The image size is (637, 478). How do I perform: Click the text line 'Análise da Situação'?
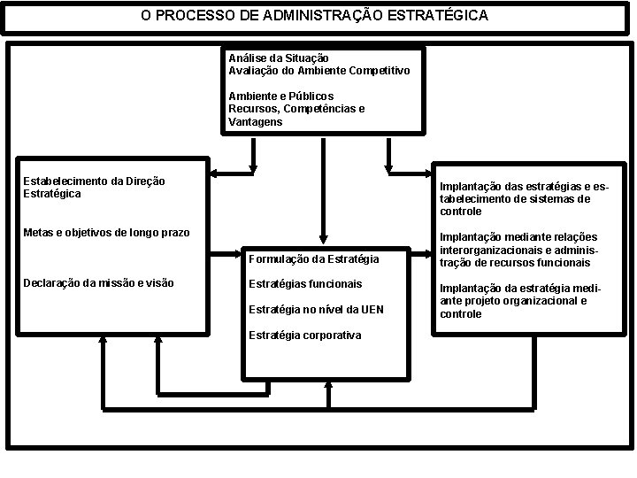point(279,58)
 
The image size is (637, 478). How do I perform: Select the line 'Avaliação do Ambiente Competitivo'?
point(318,70)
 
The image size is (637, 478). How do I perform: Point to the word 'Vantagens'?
point(256,121)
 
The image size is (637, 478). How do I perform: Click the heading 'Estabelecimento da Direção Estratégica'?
point(94,187)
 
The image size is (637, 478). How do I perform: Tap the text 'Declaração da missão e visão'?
point(98,283)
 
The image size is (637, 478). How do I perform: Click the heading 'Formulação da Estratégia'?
point(313,259)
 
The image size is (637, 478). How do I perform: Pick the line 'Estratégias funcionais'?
point(305,284)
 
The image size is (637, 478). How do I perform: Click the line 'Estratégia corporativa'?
point(304,335)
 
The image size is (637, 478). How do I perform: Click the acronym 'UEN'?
point(372,309)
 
